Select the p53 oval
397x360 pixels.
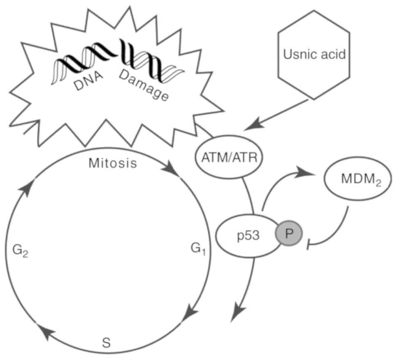[248, 236]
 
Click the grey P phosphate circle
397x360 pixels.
[289, 234]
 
